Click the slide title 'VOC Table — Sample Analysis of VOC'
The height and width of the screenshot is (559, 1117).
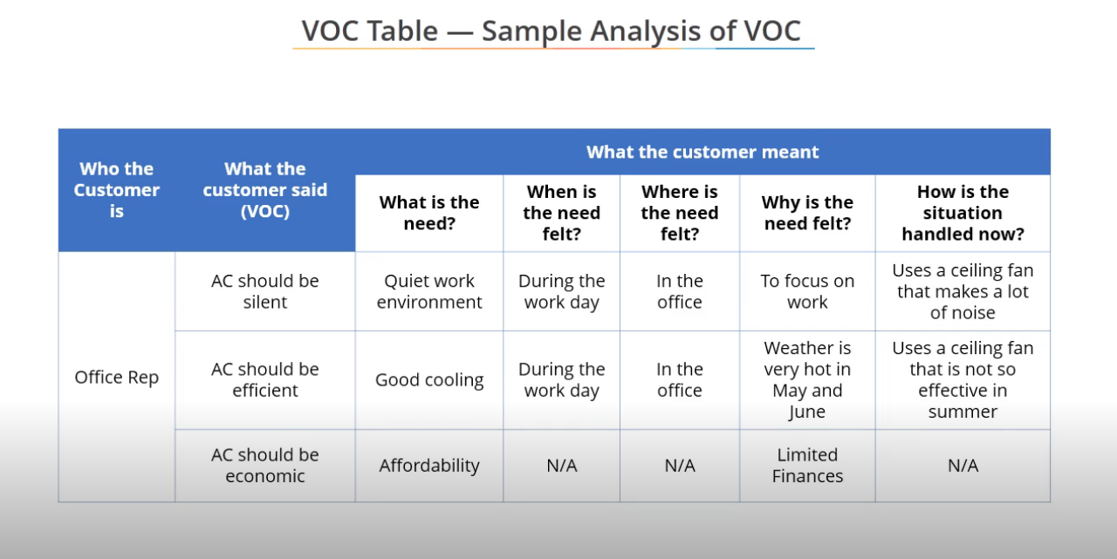(551, 31)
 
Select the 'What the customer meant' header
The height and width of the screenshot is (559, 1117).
(702, 152)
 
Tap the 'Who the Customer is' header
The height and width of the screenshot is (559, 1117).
(116, 190)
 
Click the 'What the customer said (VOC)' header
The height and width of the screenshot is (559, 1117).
(264, 190)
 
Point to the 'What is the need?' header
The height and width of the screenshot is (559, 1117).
(428, 213)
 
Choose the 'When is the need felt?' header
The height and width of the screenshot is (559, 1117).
(561, 213)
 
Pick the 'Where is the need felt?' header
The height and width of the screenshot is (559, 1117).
(680, 213)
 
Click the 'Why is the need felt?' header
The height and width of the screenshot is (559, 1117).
(807, 213)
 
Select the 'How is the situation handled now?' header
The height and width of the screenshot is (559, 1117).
(963, 213)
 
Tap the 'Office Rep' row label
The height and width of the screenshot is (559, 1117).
(117, 377)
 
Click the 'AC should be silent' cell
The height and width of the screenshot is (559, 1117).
(264, 291)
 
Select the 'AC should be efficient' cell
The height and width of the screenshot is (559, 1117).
(264, 379)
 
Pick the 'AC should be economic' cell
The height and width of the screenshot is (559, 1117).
(264, 466)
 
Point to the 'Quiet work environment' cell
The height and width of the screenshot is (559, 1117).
(428, 291)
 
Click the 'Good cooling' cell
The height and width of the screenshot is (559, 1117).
(428, 380)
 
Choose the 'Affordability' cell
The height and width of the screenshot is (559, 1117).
(428, 466)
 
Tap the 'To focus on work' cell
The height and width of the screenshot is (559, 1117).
(807, 291)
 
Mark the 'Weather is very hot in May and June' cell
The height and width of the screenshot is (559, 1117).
(807, 379)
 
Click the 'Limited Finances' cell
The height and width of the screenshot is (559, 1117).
(807, 466)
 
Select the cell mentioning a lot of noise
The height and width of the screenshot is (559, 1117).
(963, 291)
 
